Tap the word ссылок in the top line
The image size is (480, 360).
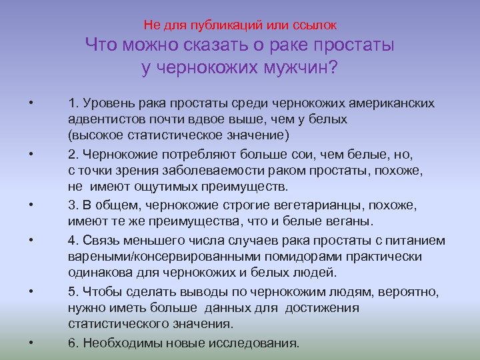315,25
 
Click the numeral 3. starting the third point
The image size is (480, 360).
73,205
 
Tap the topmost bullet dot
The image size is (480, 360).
31,104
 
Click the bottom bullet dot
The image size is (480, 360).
31,343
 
